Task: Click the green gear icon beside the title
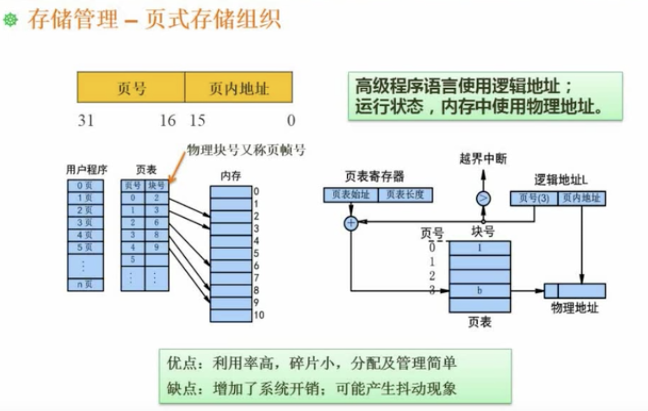(10, 20)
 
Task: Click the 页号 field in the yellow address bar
(131, 88)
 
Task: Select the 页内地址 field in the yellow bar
(239, 88)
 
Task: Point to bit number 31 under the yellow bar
(86, 120)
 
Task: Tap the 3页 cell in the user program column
(85, 223)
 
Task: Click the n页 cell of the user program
(85, 285)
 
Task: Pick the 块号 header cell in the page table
(157, 185)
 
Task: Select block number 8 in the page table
(157, 235)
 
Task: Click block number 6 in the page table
(157, 223)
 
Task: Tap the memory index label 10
(259, 316)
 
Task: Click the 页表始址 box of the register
(351, 195)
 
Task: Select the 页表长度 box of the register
(405, 195)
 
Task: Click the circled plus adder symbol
(351, 223)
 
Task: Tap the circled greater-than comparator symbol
(483, 198)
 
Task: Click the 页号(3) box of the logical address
(534, 198)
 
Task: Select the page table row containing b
(480, 291)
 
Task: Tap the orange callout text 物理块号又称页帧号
(246, 151)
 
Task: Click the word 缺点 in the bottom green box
(178, 389)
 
